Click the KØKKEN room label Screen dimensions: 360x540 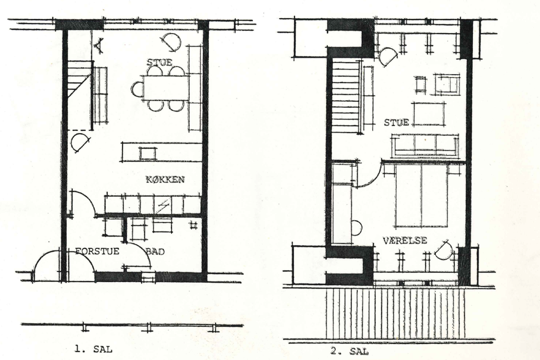click(165, 180)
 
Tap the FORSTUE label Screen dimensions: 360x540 click(98, 251)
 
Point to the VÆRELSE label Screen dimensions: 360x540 click(405, 241)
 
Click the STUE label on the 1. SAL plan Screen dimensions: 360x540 click(159, 62)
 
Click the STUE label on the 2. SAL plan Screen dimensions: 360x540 click(396, 122)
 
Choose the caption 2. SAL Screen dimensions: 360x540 click(349, 351)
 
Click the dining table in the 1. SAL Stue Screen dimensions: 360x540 click(165, 88)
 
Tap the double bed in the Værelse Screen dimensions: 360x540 click(421, 195)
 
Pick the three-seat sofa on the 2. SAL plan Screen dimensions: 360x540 click(425, 145)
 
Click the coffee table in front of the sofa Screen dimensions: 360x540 click(428, 113)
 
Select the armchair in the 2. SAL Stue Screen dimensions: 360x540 click(447, 84)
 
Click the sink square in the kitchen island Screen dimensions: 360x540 click(147, 154)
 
